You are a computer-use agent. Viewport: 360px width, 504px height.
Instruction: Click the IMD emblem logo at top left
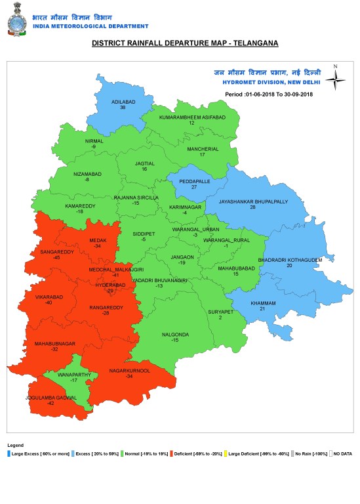pos(18,20)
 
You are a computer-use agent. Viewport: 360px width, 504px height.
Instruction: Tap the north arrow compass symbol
pos(335,79)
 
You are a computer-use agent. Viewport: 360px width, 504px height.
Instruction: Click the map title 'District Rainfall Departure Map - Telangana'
pos(185,43)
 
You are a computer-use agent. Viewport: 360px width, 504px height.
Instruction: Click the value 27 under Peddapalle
pos(194,187)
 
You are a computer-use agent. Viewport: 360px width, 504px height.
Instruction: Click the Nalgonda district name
pos(175,335)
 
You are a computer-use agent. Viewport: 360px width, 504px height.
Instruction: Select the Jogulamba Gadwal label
pos(50,398)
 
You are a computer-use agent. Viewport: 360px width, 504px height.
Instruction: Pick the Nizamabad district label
pos(87,173)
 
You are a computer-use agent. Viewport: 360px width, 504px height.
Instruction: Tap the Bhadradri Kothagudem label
pos(289,260)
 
